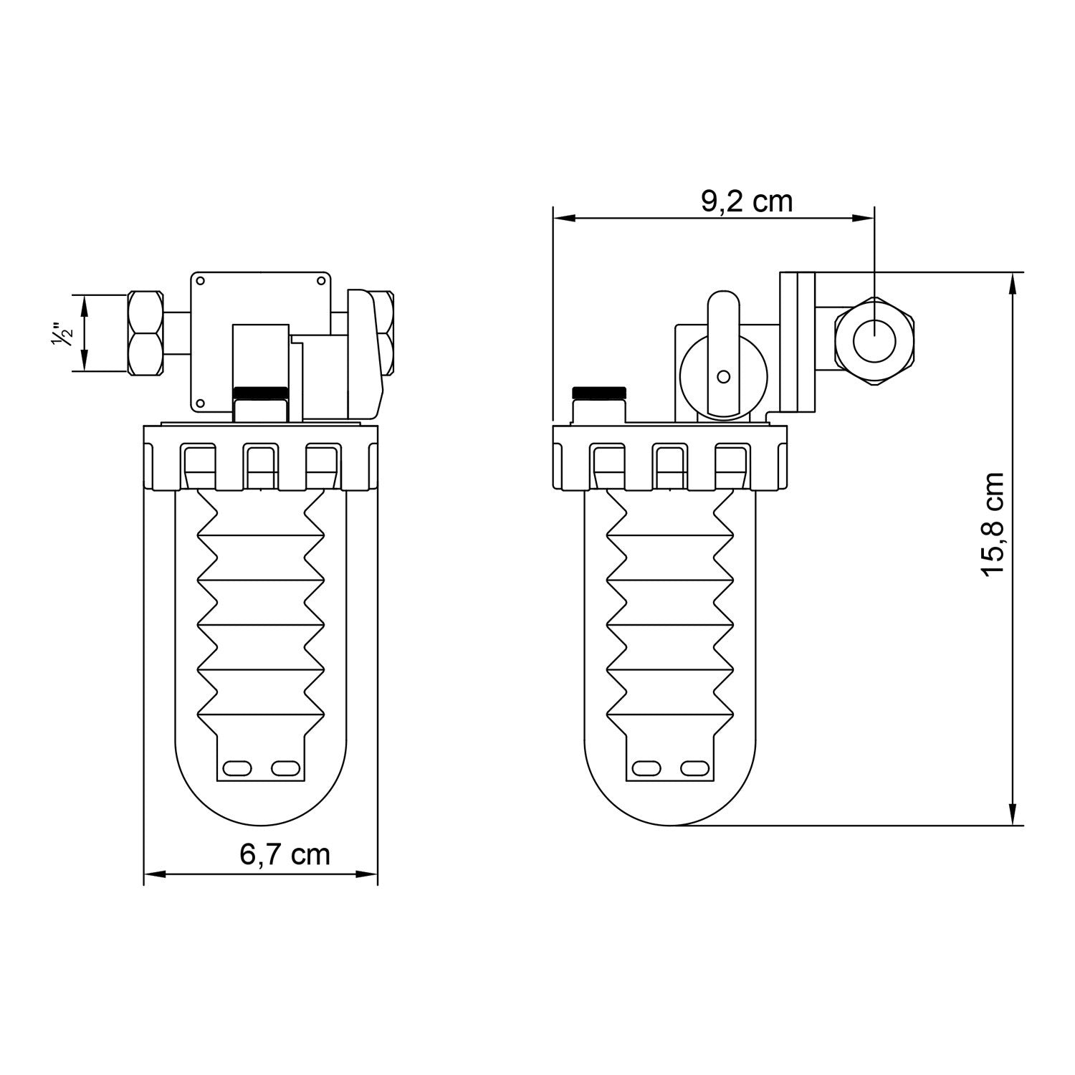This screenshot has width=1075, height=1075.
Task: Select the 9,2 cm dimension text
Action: point(747,201)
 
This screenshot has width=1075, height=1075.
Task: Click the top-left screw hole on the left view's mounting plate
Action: point(201,281)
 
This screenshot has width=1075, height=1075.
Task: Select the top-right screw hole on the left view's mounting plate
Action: point(320,281)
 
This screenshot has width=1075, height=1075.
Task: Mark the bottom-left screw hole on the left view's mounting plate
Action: point(201,403)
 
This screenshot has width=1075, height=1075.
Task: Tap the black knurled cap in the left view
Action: point(261,392)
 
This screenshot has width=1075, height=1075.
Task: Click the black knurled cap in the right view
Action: point(599,392)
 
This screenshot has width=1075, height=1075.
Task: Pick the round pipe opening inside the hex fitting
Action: point(874,340)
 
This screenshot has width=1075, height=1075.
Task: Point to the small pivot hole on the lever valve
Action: point(723,376)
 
